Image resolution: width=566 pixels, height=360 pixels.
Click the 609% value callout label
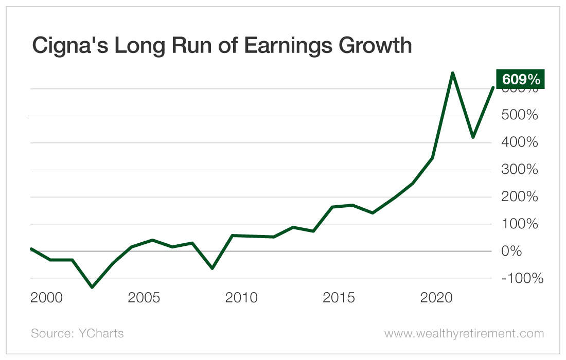click(520, 80)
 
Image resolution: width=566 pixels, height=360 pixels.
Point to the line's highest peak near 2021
click(452, 73)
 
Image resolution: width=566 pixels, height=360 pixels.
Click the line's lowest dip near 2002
click(92, 287)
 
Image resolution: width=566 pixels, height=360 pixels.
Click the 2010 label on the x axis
click(242, 298)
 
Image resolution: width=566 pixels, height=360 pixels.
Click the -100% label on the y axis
click(522, 278)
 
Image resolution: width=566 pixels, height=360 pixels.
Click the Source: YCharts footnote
click(77, 333)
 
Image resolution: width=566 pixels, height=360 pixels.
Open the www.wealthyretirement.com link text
click(464, 333)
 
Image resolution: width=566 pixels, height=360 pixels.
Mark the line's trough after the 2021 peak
click(473, 137)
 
